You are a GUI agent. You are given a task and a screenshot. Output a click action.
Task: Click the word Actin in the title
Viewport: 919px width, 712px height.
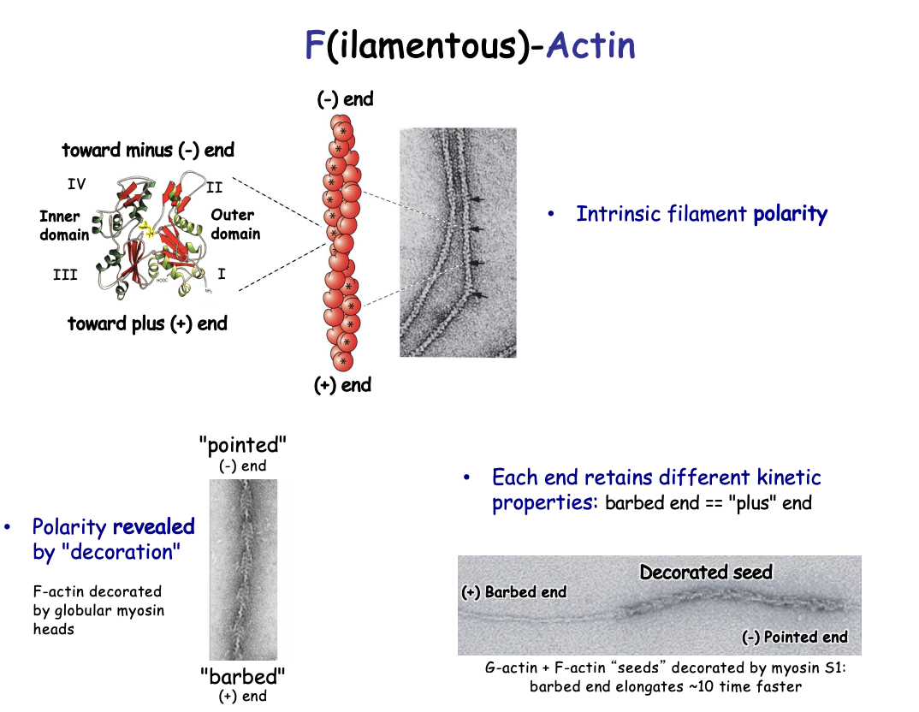tap(590, 45)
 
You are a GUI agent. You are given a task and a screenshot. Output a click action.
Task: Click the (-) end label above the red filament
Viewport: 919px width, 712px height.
tap(345, 99)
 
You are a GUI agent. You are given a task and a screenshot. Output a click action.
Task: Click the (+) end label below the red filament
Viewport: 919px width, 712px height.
tap(342, 385)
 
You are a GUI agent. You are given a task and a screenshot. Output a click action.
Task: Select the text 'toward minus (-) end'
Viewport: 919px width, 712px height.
tap(148, 151)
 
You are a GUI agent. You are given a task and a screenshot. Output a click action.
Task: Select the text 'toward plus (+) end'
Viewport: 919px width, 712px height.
tap(147, 323)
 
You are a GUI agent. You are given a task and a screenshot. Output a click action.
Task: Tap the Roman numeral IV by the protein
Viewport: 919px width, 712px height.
tap(76, 184)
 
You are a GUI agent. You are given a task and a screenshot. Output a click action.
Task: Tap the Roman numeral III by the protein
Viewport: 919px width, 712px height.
tap(65, 275)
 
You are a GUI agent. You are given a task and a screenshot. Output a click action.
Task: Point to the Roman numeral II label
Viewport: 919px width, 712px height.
tap(214, 185)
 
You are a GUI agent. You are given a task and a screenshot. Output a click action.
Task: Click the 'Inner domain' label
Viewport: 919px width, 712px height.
tap(63, 225)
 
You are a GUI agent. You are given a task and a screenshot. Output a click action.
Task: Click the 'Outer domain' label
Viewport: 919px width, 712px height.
tap(235, 224)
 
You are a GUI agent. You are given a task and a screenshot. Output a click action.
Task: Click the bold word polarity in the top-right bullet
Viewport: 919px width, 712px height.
tap(790, 214)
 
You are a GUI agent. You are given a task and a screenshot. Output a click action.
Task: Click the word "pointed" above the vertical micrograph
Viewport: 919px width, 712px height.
tap(243, 445)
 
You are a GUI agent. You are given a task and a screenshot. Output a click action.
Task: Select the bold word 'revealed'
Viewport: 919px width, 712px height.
tap(154, 526)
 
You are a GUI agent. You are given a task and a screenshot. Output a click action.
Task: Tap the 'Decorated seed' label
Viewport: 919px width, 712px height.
tap(706, 572)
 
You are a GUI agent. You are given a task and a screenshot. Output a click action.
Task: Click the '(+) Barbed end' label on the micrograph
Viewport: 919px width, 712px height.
tap(513, 592)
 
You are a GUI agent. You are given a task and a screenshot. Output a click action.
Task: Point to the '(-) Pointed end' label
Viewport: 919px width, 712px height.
tap(794, 637)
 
